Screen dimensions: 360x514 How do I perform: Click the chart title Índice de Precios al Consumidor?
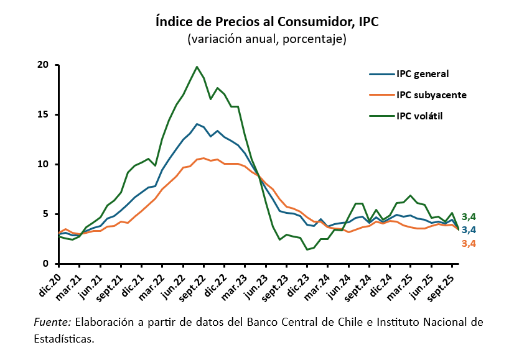(267, 21)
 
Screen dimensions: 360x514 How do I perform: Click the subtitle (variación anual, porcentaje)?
(267, 39)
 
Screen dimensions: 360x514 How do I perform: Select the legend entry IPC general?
(423, 74)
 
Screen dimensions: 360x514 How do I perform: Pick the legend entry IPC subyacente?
(431, 95)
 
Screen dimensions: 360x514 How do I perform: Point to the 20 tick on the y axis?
(43, 65)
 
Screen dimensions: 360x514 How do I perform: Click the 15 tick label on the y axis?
(43, 114)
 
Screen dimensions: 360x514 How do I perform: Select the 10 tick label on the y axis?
(43, 164)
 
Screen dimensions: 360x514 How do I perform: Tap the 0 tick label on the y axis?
(46, 264)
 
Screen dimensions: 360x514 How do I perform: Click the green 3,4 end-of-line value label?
(469, 216)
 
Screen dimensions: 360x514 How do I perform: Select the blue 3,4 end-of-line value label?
(469, 230)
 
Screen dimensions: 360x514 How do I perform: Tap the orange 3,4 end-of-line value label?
(469, 243)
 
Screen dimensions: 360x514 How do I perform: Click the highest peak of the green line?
(197, 67)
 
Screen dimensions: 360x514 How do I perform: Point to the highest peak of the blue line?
(197, 124)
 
